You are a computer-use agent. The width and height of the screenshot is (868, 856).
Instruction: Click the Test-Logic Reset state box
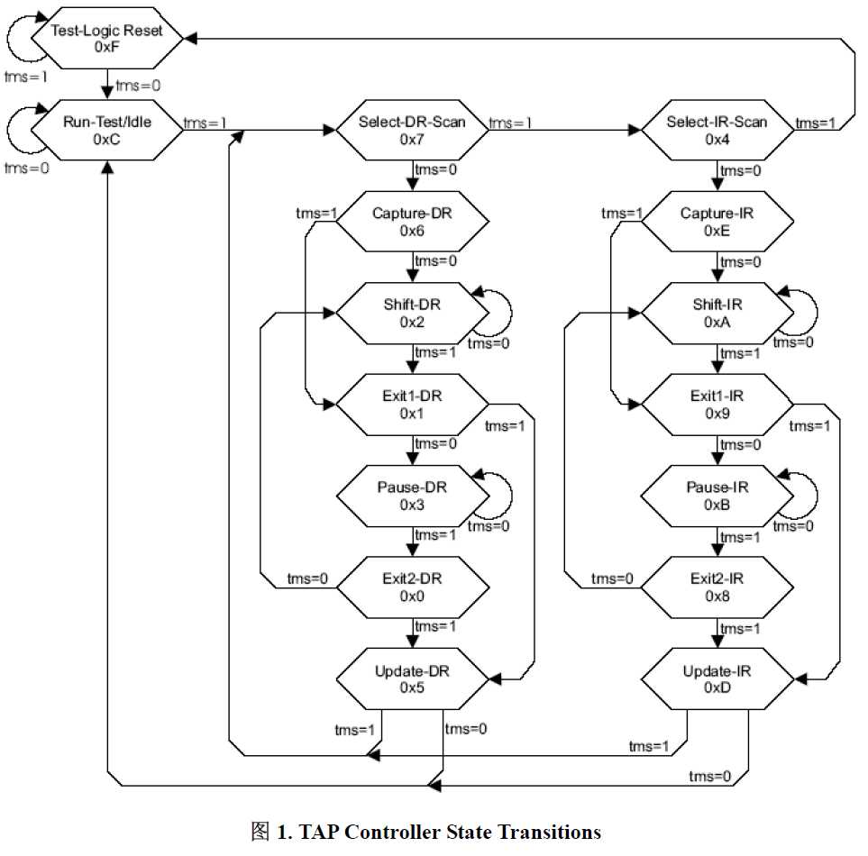(107, 39)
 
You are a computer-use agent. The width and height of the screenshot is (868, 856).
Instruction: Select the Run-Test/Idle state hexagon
(107, 130)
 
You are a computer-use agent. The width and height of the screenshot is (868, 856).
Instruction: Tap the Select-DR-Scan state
(412, 130)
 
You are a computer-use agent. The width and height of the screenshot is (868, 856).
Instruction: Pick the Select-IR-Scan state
(717, 130)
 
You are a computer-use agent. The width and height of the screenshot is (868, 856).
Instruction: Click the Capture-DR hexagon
(412, 222)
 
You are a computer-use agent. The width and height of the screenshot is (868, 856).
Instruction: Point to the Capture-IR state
(717, 222)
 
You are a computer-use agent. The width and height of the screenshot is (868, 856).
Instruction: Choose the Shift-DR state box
(412, 313)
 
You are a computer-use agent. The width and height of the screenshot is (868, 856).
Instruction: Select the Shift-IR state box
(717, 313)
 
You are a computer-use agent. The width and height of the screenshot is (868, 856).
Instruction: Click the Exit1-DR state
(412, 404)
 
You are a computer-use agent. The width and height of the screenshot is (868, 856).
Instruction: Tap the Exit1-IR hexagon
(717, 404)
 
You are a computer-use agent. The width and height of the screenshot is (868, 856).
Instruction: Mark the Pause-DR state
(412, 496)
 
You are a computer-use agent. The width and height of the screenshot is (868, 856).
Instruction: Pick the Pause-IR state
(717, 496)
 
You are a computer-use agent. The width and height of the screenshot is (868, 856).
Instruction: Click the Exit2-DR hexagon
(412, 587)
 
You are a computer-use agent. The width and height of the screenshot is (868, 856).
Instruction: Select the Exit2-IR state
(717, 587)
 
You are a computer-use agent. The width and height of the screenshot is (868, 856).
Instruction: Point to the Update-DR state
(412, 678)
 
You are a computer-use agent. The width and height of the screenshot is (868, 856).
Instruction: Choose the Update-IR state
(717, 678)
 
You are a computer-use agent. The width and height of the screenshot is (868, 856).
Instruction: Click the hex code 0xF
(107, 48)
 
